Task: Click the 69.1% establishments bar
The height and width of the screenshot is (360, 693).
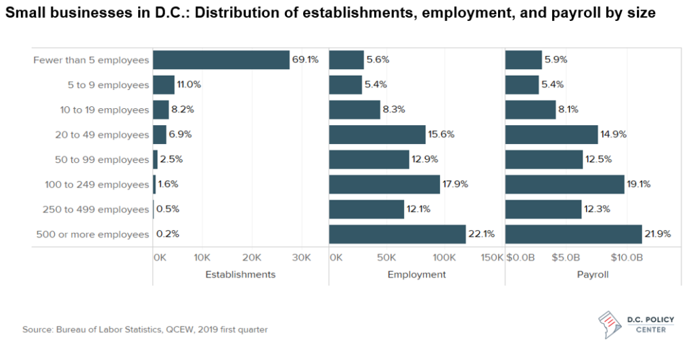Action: (x=221, y=60)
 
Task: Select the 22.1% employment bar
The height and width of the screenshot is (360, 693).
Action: (x=397, y=234)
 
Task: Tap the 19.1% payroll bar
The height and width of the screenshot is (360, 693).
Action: (x=564, y=184)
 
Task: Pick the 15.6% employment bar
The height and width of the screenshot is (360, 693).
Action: (x=377, y=135)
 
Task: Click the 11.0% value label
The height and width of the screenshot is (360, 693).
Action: (x=189, y=85)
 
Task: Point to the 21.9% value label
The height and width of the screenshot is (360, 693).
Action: (x=658, y=234)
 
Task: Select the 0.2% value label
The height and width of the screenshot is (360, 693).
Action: (x=168, y=234)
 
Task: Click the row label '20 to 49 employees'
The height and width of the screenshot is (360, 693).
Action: (x=102, y=135)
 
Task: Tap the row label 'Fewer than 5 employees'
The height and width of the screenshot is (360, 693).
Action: (x=91, y=60)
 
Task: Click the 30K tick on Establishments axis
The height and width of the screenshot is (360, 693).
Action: (x=301, y=258)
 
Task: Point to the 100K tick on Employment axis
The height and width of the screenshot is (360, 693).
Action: (x=443, y=258)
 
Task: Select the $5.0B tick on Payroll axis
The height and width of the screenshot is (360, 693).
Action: (x=566, y=258)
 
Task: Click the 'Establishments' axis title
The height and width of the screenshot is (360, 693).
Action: (x=240, y=275)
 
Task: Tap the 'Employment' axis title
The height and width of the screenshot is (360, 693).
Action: (x=416, y=275)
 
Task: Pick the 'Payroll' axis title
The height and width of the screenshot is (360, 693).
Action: (x=592, y=275)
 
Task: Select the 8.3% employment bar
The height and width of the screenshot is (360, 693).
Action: (x=355, y=110)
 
